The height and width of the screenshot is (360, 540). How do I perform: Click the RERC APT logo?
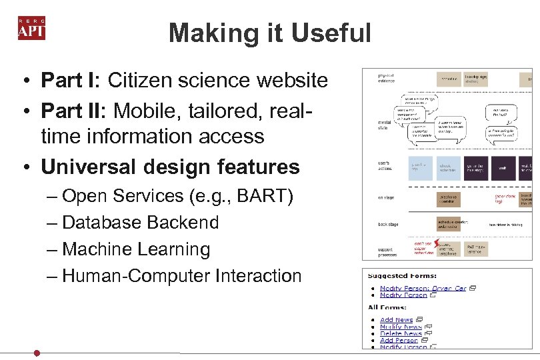(x=31, y=27)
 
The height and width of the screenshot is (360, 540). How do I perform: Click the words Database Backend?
(x=140, y=222)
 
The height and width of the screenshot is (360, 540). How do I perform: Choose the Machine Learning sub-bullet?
(x=136, y=249)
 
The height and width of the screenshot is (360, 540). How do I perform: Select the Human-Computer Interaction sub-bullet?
(x=181, y=275)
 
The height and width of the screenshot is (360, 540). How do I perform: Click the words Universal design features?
(x=170, y=166)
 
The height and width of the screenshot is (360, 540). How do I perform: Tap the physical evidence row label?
(x=387, y=78)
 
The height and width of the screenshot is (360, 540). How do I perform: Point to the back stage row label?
(x=388, y=224)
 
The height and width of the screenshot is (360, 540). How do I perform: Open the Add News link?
(x=396, y=320)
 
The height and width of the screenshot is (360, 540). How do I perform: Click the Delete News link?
(x=401, y=333)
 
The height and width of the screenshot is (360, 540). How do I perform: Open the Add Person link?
(x=399, y=340)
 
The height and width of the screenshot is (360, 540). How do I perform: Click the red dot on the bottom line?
(x=37, y=353)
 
